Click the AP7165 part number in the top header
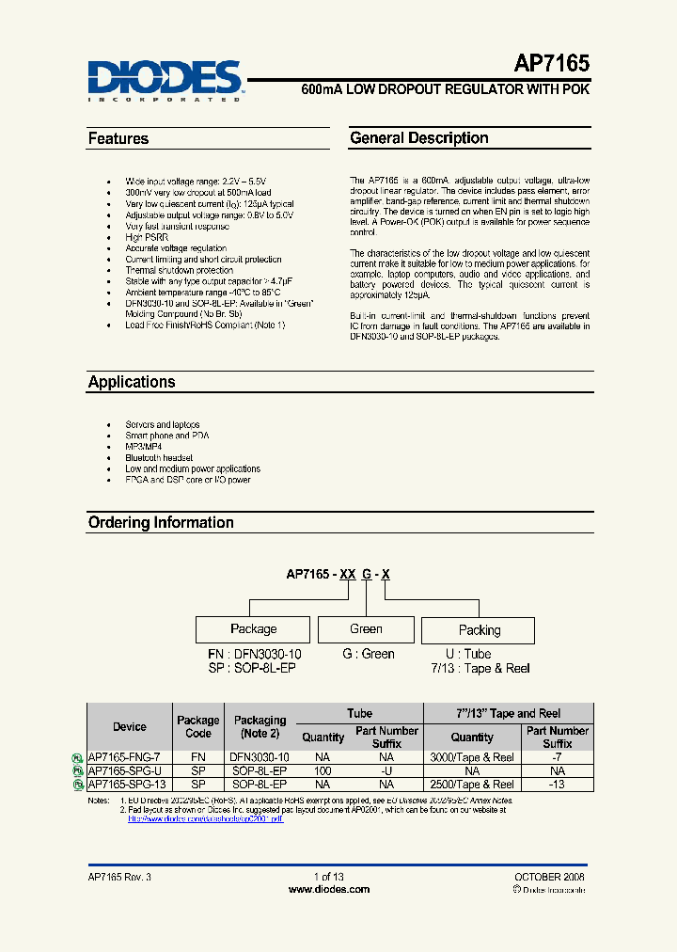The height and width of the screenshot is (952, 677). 551,64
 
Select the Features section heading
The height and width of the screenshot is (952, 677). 118,138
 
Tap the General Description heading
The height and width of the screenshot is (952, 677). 419,138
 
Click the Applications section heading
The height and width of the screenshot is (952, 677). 132,382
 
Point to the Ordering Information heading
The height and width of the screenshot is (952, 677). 161,522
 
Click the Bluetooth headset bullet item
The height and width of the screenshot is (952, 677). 159,457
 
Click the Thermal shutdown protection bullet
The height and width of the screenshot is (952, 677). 179,270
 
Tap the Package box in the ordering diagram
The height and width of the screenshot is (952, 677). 253,629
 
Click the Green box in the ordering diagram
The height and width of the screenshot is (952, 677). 366,629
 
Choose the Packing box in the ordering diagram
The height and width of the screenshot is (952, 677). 479,630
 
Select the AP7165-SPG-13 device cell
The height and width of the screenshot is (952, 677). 131,784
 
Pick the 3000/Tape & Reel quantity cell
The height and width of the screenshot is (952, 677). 472,757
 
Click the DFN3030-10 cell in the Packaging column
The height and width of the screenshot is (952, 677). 260,757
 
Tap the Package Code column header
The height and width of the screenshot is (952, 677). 198,726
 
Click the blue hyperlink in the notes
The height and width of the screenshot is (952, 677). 205,818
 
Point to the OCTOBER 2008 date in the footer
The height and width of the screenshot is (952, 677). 549,876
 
